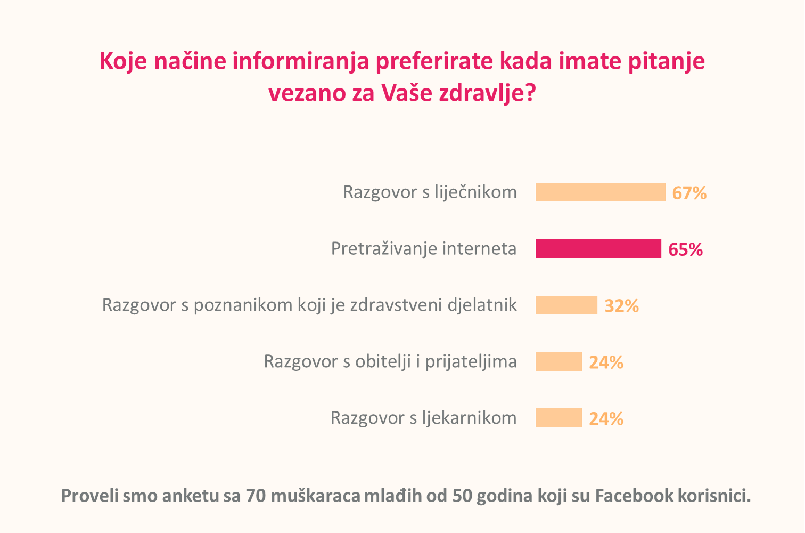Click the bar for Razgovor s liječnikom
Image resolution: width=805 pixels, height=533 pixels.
[600, 192]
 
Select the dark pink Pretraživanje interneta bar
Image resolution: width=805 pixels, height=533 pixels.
[598, 249]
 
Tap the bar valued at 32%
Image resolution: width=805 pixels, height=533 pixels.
[566, 305]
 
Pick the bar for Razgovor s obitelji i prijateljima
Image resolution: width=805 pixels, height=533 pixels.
[558, 361]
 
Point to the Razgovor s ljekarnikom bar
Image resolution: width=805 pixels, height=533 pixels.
[558, 418]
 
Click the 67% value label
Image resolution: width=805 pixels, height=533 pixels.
[689, 193]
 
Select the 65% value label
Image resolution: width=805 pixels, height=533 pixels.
[685, 249]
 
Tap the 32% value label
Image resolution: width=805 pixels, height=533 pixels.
[622, 306]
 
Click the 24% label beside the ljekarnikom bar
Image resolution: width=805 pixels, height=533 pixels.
[606, 418]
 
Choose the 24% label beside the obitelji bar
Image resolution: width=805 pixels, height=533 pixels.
[606, 362]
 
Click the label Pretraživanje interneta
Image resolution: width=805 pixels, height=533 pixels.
[424, 249]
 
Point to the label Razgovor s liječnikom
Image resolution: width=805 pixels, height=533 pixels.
[430, 192]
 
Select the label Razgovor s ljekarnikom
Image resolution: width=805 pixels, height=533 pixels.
[423, 418]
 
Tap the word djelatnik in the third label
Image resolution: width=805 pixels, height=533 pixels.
[482, 305]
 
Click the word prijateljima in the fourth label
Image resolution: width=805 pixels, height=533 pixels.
[471, 362]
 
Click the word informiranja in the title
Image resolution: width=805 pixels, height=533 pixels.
[301, 61]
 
